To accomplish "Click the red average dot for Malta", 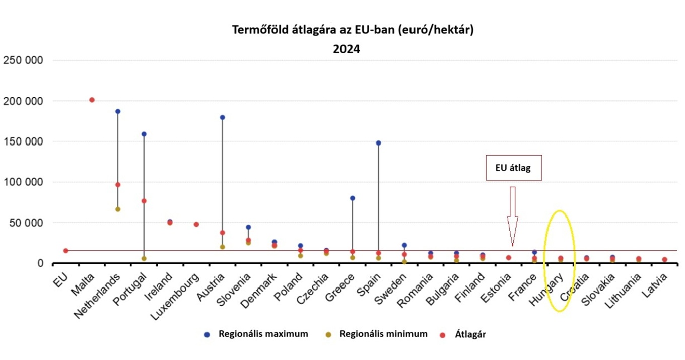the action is coord(92,100).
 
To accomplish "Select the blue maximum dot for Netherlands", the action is coord(118,111).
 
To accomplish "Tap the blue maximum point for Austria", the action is coord(222,117).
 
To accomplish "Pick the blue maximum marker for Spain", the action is coord(378,143).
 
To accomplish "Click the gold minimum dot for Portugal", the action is coord(144,258).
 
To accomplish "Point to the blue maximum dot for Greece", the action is coord(353,198).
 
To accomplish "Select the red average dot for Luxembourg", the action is coord(196,224).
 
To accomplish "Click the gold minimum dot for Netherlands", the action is coord(118,209).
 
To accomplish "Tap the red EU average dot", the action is coord(66,250).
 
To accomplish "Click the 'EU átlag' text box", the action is coord(514,168).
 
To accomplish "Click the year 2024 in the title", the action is coord(346,49).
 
